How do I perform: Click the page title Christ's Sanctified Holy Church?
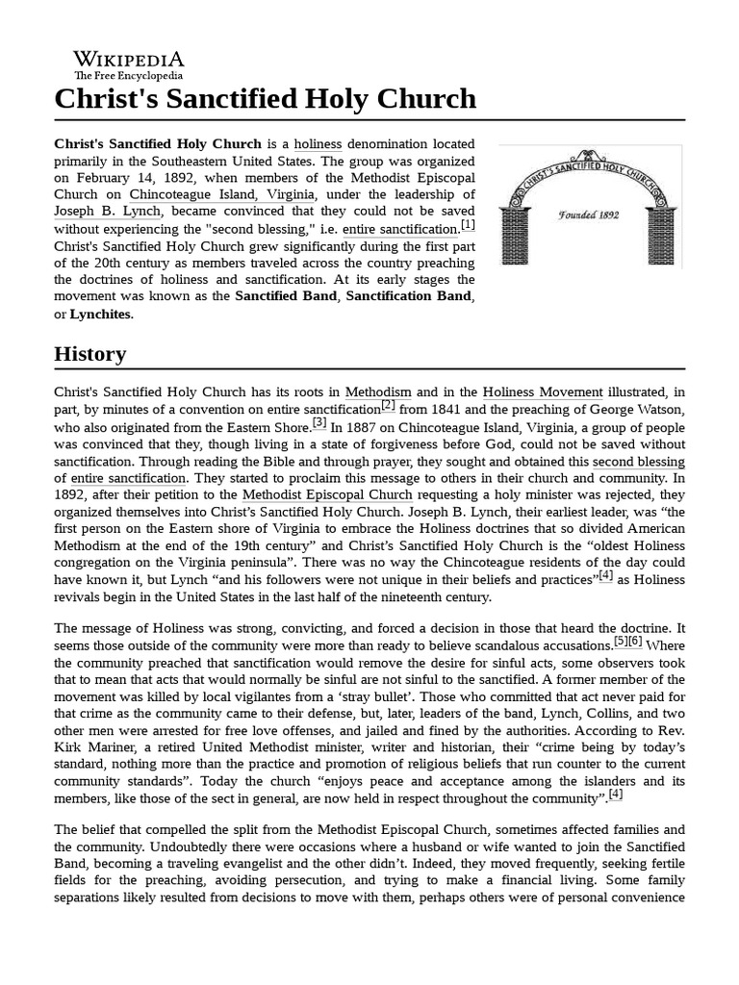(265, 98)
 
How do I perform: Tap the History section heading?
(89, 353)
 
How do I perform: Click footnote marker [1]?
(468, 226)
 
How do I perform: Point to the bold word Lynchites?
(101, 314)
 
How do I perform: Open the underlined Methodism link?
(378, 392)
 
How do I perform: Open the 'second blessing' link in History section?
(638, 460)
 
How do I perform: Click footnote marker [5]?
(621, 642)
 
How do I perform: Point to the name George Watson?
(639, 409)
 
